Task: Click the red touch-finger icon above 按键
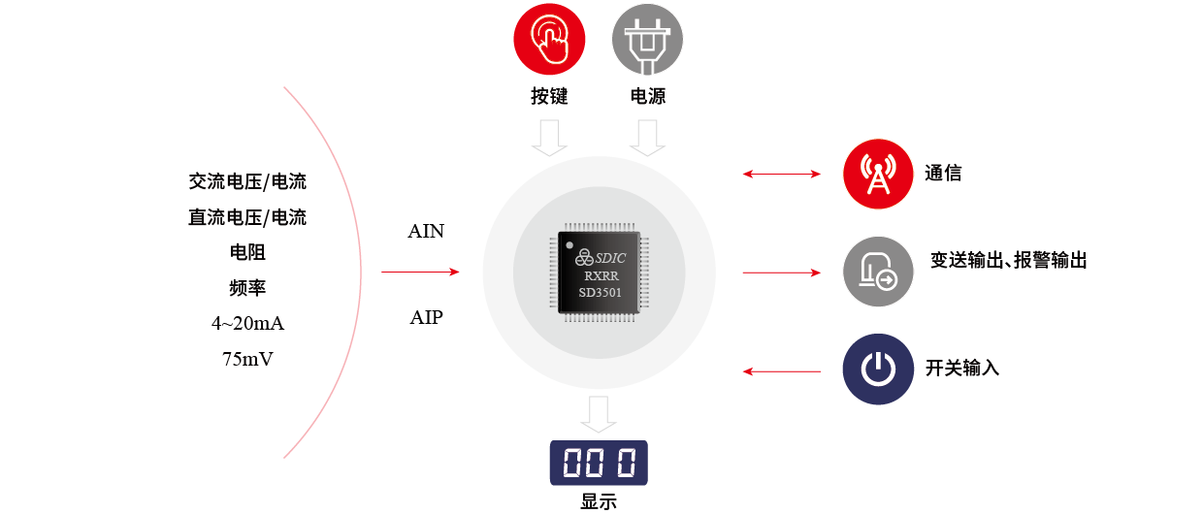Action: pyautogui.click(x=549, y=40)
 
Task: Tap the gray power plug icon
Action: pyautogui.click(x=647, y=40)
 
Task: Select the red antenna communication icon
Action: pyautogui.click(x=878, y=175)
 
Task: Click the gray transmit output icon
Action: pyautogui.click(x=878, y=273)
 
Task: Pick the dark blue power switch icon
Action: pyautogui.click(x=878, y=369)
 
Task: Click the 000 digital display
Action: pyautogui.click(x=599, y=464)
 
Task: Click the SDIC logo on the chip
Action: pyautogui.click(x=601, y=257)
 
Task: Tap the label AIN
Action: pyautogui.click(x=426, y=232)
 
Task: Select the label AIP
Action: pyautogui.click(x=426, y=317)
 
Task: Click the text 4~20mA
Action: pyautogui.click(x=247, y=323)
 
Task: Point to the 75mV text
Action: pyautogui.click(x=247, y=359)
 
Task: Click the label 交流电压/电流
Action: pyautogui.click(x=247, y=181)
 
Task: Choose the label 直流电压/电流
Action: pyautogui.click(x=247, y=217)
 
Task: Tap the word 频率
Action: pyautogui.click(x=247, y=288)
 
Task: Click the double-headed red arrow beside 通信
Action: pyautogui.click(x=781, y=175)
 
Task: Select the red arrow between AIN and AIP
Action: pyautogui.click(x=419, y=273)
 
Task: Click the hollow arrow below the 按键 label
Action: pyautogui.click(x=549, y=137)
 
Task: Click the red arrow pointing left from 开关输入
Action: pyautogui.click(x=781, y=370)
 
